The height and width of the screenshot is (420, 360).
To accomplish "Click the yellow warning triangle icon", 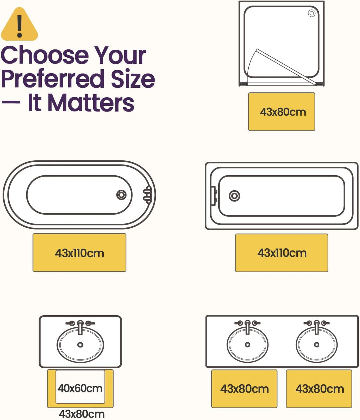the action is point(19,24).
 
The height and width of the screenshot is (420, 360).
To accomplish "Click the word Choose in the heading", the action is point(45,55).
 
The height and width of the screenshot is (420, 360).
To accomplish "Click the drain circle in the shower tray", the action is point(312,13).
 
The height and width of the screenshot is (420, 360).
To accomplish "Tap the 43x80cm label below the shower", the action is point(283,112).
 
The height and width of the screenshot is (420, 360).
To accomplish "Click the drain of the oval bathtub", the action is point(121,195).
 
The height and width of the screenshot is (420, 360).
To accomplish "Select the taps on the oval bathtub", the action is point(147,195).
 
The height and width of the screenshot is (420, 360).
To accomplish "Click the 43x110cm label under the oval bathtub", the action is point(79,253).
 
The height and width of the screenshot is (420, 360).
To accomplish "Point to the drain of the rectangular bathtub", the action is point(234,196).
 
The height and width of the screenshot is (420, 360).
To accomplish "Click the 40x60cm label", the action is point(80,389).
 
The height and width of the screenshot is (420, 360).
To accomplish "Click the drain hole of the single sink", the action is point(80,345).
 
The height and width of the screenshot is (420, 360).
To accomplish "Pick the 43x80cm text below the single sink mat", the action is point(82,414).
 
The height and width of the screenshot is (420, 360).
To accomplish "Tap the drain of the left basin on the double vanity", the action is point(247,345).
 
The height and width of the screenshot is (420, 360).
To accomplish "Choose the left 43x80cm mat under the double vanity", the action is point(244,389).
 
